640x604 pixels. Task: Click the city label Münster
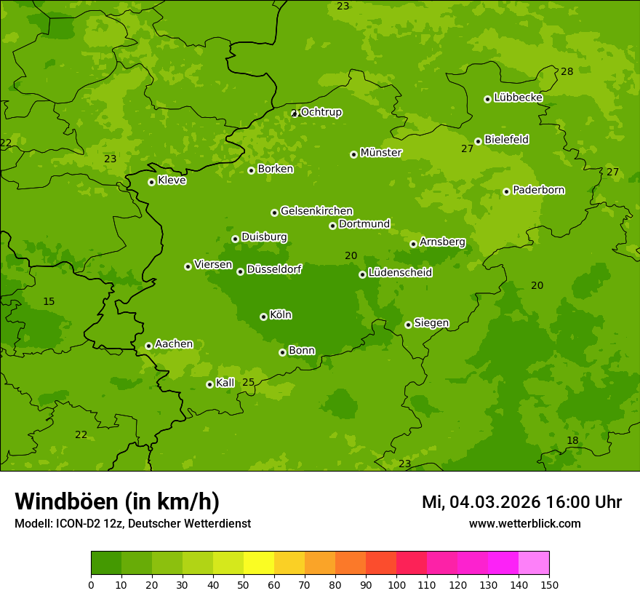coord(381,153)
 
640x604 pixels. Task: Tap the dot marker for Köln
coord(263,317)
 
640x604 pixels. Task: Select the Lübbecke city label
coord(518,98)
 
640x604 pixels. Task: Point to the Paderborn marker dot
coord(506,191)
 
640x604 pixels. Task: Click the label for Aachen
coord(174,344)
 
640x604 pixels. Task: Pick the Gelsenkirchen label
coord(316,211)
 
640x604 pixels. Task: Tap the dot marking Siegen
coord(408,325)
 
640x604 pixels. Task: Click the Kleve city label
coord(172,180)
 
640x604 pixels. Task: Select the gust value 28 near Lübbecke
coord(567,71)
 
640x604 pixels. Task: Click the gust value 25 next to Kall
coord(249,382)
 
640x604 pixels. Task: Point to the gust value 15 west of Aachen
coord(49,301)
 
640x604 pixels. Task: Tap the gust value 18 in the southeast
coord(572,440)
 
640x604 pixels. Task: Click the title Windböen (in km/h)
coord(117,501)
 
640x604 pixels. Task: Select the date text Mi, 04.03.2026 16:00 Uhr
coord(521,502)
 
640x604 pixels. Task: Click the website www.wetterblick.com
coord(524,523)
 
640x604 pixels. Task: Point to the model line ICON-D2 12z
coord(132,523)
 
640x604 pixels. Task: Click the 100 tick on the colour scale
coord(396,584)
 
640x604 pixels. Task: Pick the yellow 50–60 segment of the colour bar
coord(259,563)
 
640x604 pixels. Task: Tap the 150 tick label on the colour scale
coord(549,584)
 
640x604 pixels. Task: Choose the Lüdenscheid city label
coord(400,273)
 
